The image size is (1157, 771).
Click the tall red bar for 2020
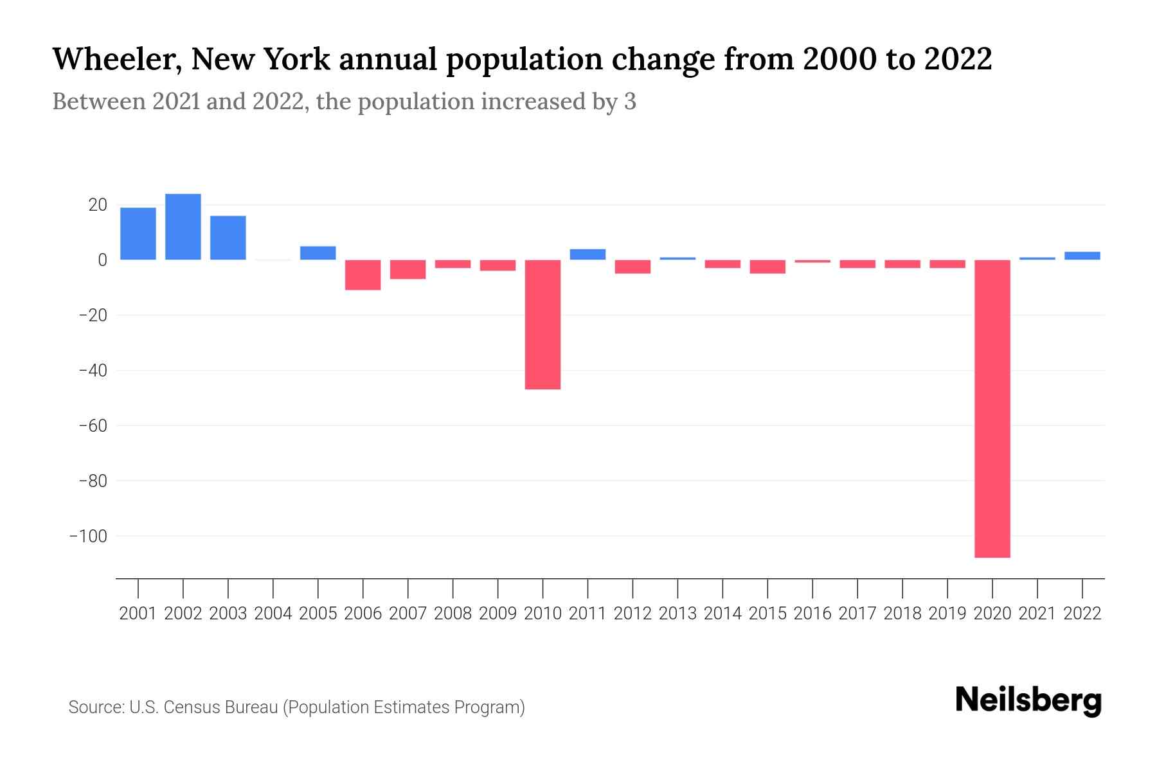[992, 409]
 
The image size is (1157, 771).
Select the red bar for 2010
[543, 324]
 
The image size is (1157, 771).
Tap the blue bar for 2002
[183, 227]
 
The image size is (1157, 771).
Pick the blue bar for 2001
[138, 233]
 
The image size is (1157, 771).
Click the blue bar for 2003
[228, 238]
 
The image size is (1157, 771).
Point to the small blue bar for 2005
[318, 253]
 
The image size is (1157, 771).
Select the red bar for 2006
[363, 275]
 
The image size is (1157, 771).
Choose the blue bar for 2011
[587, 254]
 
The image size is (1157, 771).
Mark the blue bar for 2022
[1082, 256]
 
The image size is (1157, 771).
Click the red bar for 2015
[767, 267]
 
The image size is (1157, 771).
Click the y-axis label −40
[93, 371]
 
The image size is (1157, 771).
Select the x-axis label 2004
[273, 614]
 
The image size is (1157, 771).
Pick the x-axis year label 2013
[677, 614]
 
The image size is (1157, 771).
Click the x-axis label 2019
[947, 614]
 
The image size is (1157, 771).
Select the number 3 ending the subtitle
[630, 102]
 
